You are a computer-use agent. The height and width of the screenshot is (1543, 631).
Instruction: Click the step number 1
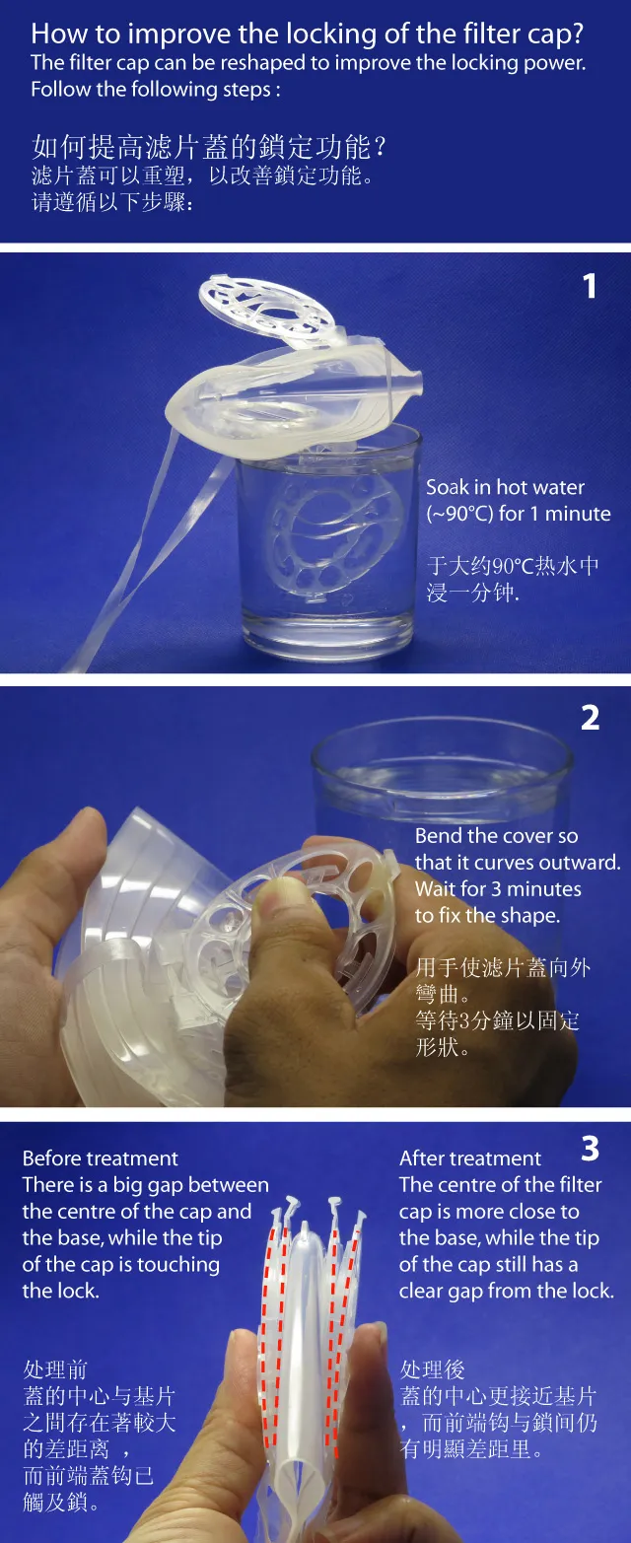(x=589, y=287)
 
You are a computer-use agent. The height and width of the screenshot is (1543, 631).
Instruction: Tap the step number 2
(x=591, y=719)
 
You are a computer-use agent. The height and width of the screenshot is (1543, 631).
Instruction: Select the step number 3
(x=591, y=1149)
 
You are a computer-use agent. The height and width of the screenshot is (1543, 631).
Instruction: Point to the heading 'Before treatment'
(x=100, y=1157)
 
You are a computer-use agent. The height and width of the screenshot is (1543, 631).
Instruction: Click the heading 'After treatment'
(x=470, y=1157)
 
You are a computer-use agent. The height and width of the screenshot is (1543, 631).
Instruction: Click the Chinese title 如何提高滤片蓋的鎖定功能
(x=202, y=147)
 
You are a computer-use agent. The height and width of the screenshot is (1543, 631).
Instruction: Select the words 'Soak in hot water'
(x=505, y=487)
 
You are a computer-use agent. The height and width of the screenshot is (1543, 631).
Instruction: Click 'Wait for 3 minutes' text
(x=498, y=888)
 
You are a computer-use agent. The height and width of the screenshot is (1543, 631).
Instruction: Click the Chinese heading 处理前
(x=55, y=1368)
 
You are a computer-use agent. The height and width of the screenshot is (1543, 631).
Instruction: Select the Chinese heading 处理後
(x=433, y=1368)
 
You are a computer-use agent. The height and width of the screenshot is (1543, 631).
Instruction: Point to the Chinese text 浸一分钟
(x=472, y=592)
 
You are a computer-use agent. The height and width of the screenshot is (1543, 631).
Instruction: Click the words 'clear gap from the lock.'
(x=507, y=1291)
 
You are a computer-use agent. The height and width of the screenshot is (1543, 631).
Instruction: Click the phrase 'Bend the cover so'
(x=496, y=835)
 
